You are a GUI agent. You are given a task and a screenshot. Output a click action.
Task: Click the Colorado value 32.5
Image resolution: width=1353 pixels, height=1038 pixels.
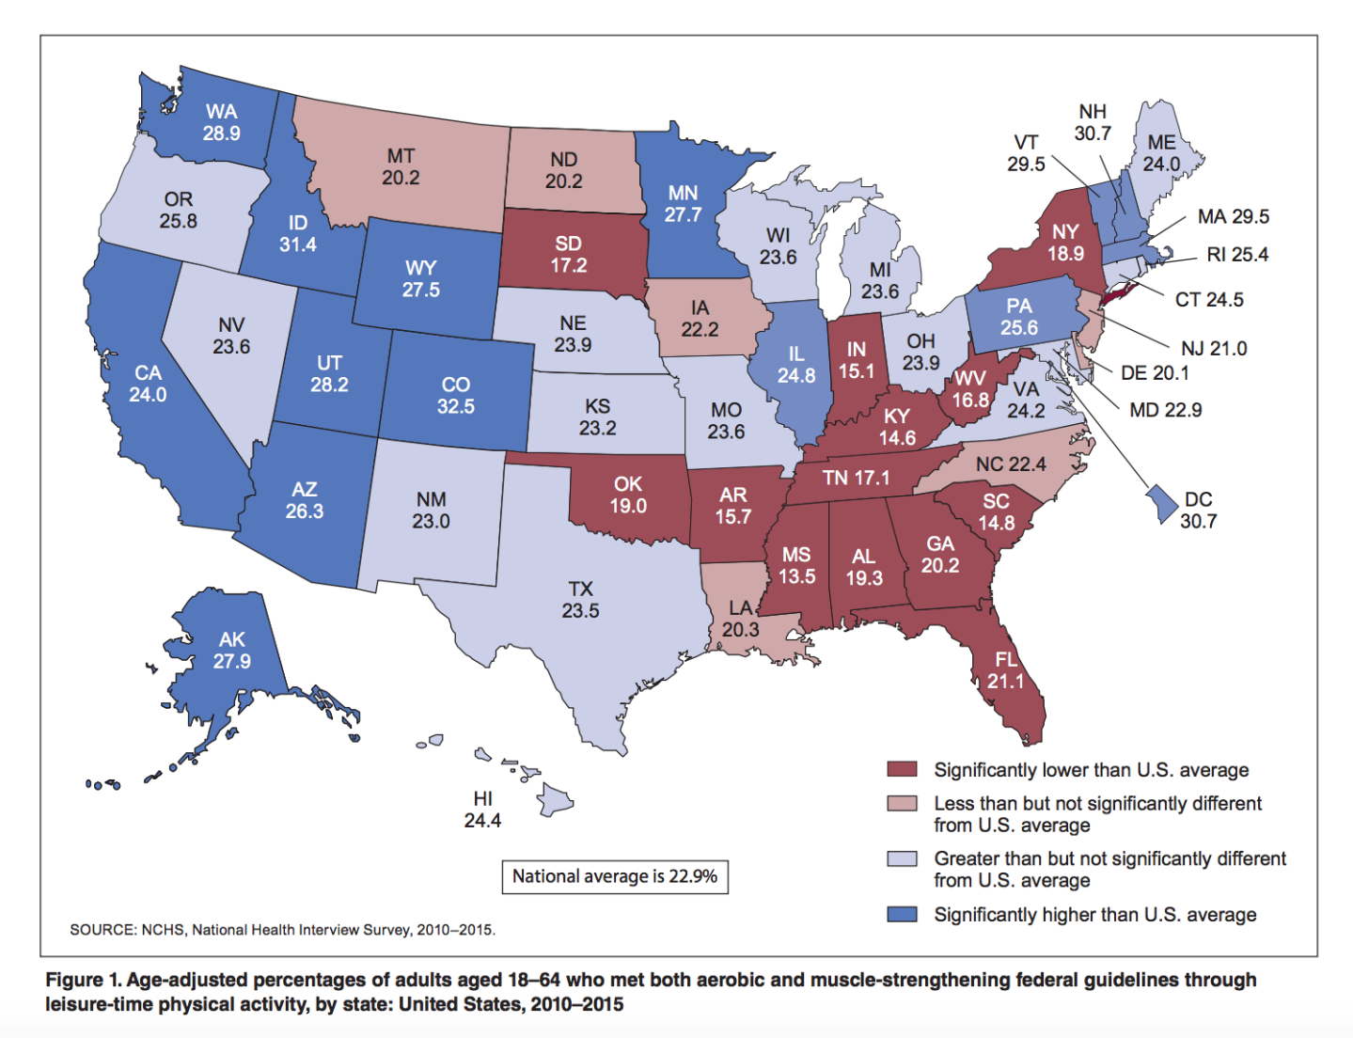tap(456, 407)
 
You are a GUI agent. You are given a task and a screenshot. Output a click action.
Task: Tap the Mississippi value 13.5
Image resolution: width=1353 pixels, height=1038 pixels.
tap(796, 576)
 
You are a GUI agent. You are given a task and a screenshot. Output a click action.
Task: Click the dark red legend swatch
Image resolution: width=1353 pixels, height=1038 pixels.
tap(902, 769)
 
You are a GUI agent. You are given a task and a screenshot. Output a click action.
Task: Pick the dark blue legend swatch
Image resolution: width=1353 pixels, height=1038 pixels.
tap(902, 914)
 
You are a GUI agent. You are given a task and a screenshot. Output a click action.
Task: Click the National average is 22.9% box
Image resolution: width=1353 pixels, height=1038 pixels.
tap(615, 876)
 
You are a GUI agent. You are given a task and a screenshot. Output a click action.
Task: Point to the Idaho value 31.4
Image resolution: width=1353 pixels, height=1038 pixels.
tap(298, 244)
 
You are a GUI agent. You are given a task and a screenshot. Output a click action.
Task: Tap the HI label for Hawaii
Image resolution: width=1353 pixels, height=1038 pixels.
tap(482, 798)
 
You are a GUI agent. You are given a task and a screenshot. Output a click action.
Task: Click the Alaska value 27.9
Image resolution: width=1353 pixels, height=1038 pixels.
tap(231, 661)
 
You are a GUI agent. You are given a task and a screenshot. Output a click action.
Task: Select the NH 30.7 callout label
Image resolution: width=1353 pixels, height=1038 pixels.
tap(1093, 122)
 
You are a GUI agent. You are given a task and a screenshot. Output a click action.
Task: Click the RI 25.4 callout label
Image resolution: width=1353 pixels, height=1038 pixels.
tap(1237, 255)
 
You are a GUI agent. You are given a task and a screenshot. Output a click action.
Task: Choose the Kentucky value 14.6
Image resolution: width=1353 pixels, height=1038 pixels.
tap(897, 438)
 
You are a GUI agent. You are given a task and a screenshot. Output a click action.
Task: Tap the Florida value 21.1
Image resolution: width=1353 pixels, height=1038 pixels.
tap(1005, 681)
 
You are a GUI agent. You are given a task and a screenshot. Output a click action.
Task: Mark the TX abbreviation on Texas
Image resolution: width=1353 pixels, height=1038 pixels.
tap(580, 589)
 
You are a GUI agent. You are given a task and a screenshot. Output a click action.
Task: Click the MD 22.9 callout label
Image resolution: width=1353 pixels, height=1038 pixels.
tap(1165, 410)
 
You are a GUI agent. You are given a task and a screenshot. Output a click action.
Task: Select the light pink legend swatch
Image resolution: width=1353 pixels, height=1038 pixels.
tap(902, 804)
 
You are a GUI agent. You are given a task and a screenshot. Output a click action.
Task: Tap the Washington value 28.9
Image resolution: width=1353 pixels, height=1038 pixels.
tap(221, 134)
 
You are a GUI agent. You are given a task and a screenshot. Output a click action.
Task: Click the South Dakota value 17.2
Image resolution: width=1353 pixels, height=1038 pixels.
tap(568, 265)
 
